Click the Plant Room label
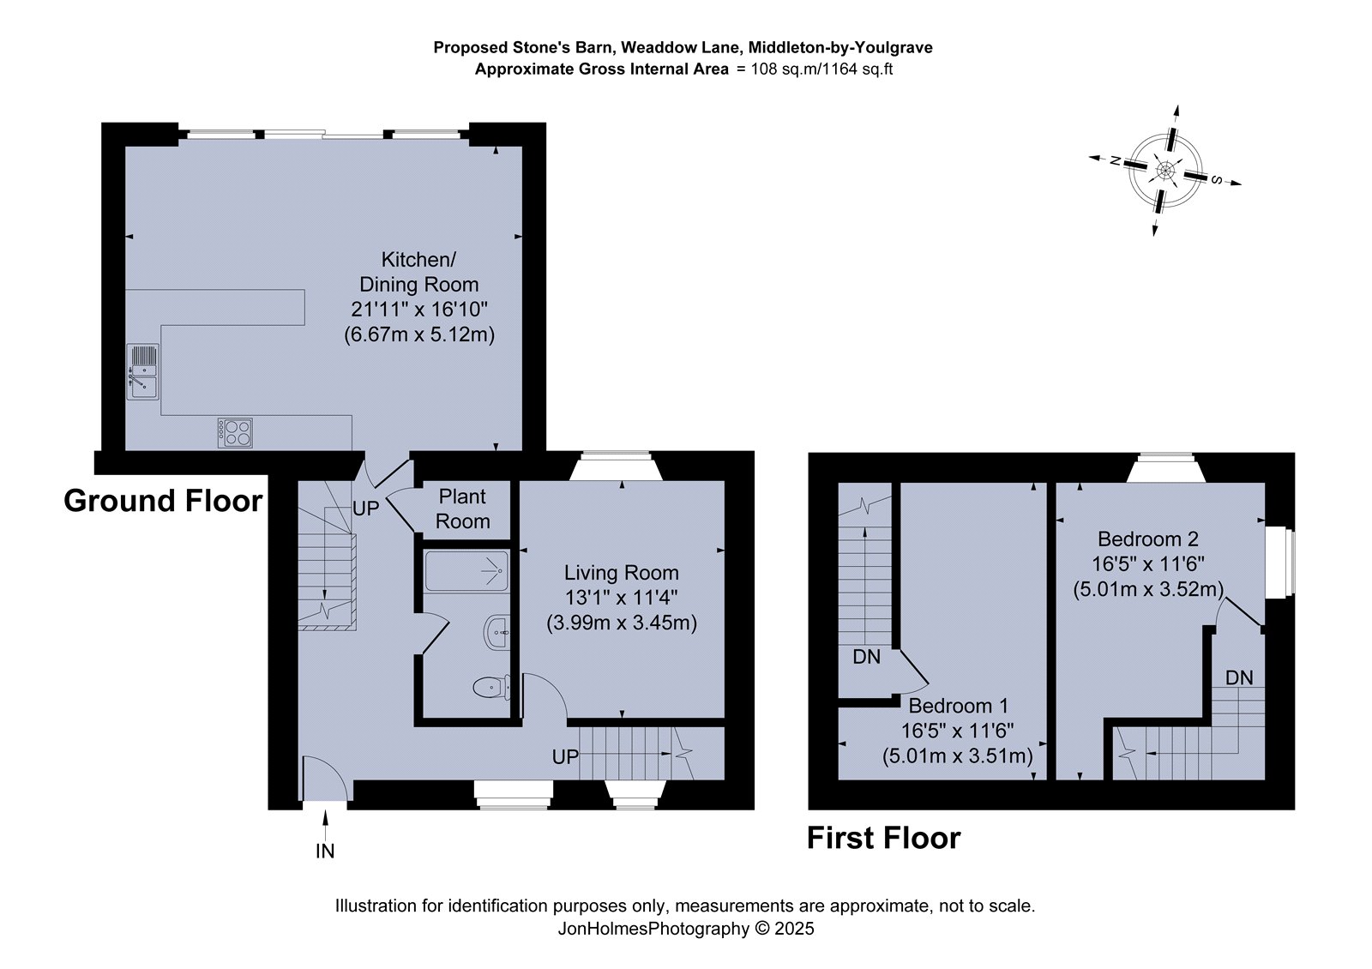462,509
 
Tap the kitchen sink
142,372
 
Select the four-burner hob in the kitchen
235,432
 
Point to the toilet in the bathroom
492,687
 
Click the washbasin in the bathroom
496,632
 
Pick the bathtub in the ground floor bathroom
466,571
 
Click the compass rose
1165,171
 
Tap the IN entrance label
325,851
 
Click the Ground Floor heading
163,501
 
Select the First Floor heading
883,837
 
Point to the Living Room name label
621,573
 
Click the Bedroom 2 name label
1148,539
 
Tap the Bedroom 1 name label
958,706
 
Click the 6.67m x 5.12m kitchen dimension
419,334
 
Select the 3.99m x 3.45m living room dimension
622,623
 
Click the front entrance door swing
327,779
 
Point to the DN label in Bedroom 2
1239,677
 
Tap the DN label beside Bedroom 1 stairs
867,657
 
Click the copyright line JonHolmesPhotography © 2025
686,929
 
